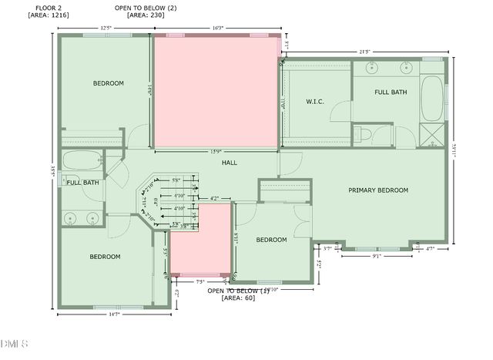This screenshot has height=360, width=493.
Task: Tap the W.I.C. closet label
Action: [x=314, y=101]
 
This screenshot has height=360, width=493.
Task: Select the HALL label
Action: [x=230, y=163]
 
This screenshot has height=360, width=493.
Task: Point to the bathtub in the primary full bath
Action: [x=433, y=98]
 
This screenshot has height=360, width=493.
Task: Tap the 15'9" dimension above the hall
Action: [x=217, y=151]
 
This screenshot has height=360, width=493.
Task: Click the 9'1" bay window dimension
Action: [x=377, y=257]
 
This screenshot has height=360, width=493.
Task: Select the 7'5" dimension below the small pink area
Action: [x=201, y=281]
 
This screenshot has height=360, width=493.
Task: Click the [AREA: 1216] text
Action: [x=49, y=15]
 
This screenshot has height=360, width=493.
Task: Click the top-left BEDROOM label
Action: [x=109, y=83]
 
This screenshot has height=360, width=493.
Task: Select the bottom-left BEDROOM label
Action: [x=105, y=257]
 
